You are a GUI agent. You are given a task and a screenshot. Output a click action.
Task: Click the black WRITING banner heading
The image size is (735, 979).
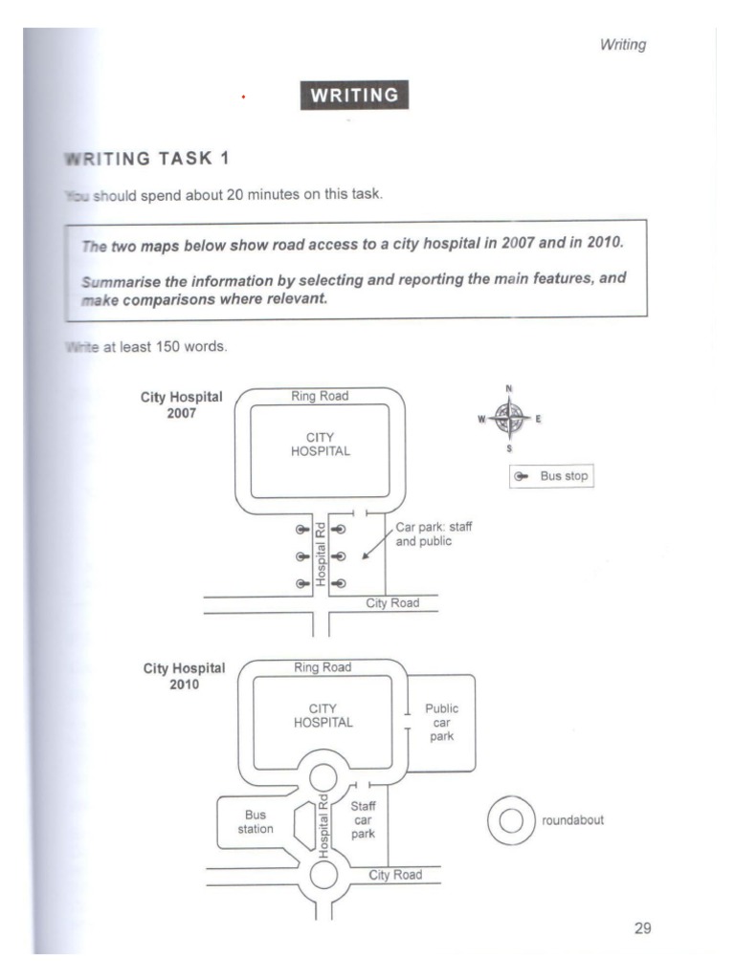coord(354,95)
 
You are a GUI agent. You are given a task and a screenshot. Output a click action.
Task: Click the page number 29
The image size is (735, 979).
coord(642,927)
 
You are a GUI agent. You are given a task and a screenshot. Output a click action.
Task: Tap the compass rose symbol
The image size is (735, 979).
coord(509,418)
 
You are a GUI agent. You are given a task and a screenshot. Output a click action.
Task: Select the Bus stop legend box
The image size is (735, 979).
coord(551,475)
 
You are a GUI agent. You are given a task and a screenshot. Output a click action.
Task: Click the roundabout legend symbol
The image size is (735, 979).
coord(511,820)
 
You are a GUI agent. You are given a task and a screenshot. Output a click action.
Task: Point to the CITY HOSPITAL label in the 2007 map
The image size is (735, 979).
coord(321,445)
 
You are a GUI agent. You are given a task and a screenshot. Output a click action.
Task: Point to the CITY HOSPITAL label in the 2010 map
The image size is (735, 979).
coord(323,715)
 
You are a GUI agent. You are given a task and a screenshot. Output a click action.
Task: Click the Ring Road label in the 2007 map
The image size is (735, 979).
coord(320,396)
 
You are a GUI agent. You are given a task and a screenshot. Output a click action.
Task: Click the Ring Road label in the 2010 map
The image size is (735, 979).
coord(323,667)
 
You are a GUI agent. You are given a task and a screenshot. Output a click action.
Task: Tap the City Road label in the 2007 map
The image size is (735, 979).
coord(392,603)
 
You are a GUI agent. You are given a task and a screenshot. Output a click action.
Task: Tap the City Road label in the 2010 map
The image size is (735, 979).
coord(395,875)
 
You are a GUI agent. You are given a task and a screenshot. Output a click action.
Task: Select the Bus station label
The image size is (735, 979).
coord(256,822)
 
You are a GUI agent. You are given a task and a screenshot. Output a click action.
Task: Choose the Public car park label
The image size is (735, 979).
coord(441,723)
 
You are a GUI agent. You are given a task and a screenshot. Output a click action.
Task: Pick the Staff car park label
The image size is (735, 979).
coord(363,819)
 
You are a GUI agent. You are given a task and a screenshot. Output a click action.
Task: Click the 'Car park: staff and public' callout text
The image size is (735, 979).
coord(440,533)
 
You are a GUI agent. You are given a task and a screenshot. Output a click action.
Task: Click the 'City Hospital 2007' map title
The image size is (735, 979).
coord(182,404)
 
